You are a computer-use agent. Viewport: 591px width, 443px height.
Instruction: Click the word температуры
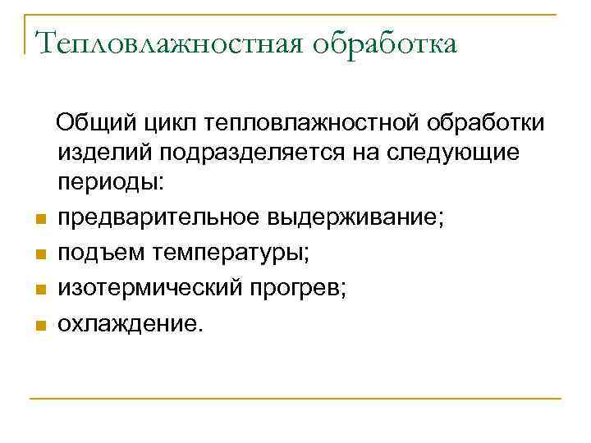(x=231, y=253)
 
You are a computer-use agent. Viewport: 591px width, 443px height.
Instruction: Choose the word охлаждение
(x=128, y=324)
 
